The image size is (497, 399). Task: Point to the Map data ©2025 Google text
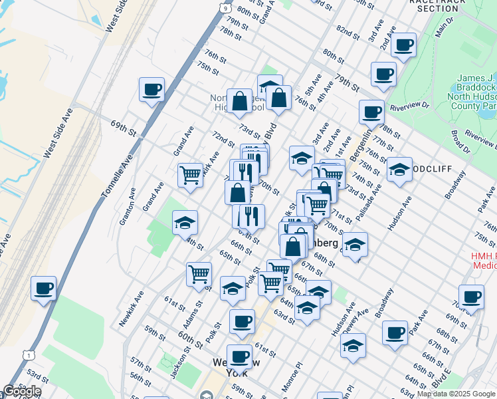pos(456,394)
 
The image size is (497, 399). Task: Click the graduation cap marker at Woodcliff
pos(399,170)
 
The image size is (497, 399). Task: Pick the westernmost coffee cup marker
pos(44,289)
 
